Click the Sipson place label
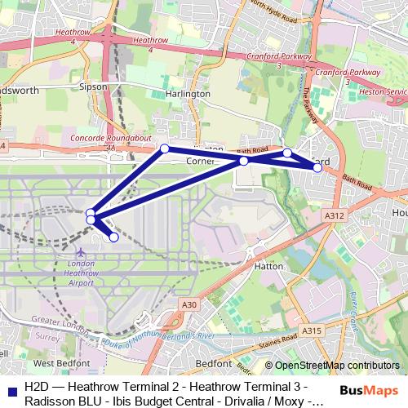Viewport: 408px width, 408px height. [x=93, y=86]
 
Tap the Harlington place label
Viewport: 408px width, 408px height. [x=188, y=94]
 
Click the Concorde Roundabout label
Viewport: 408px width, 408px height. [x=112, y=140]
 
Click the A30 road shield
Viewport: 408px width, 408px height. [x=189, y=304]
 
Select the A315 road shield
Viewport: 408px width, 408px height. [x=311, y=331]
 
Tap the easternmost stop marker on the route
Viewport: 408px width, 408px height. [x=317, y=167]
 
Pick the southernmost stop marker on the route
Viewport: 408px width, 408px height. [x=114, y=237]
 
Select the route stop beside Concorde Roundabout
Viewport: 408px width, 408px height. [x=165, y=149]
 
